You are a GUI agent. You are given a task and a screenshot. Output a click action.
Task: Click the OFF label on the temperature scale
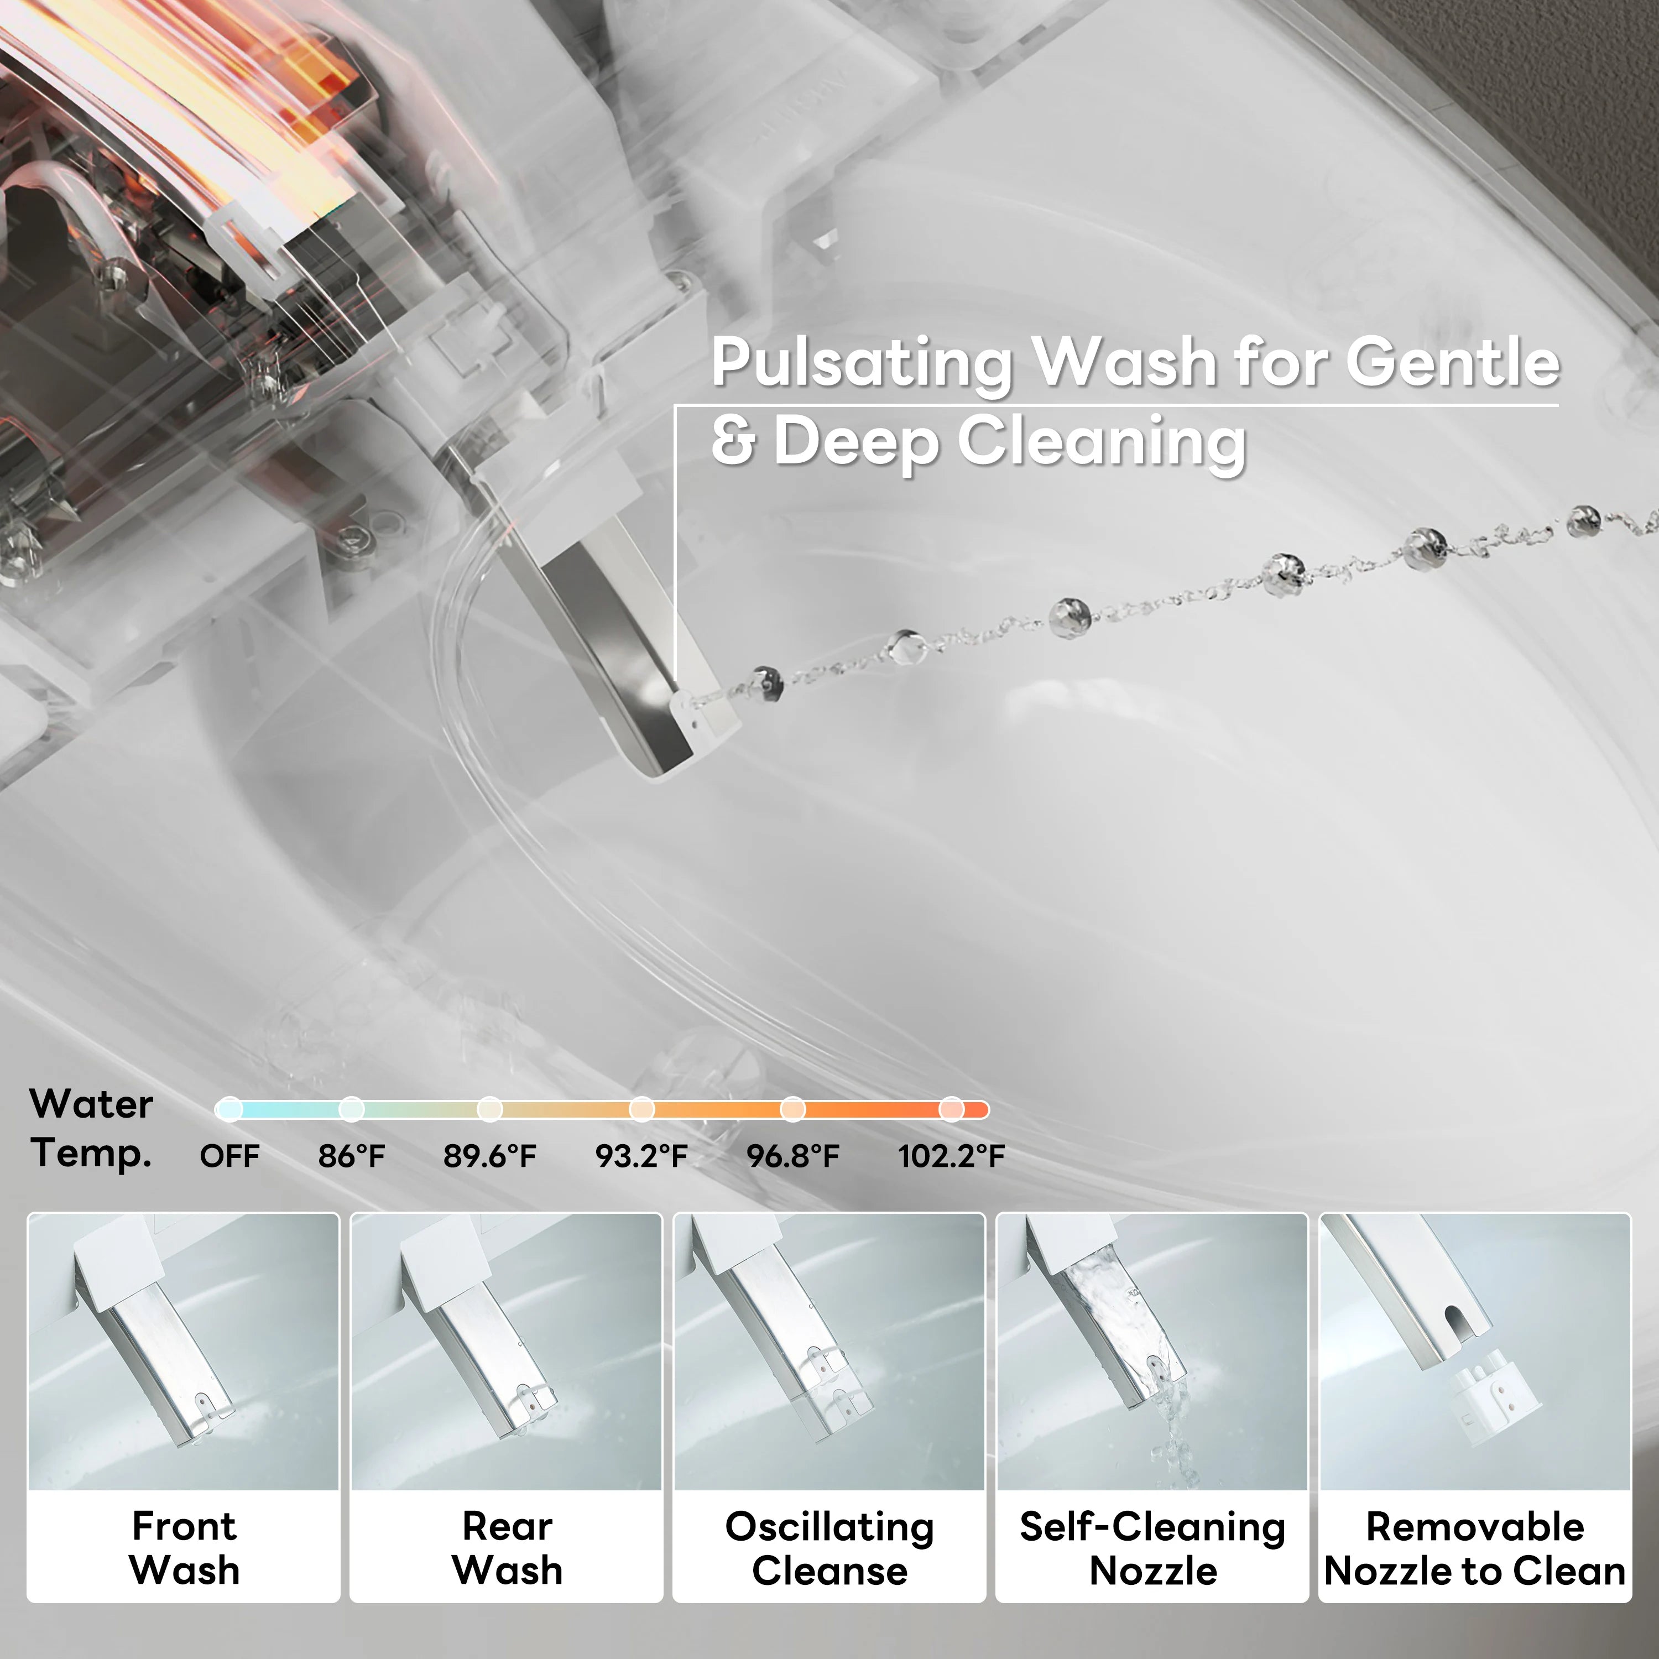pos(229,1156)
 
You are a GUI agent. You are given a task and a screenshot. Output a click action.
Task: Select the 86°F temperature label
pos(351,1156)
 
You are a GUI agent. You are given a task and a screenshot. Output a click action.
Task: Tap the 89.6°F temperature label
pos(489,1156)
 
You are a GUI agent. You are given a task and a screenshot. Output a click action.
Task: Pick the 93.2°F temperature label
pos(641,1156)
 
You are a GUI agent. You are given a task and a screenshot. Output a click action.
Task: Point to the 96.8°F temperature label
pos(792,1156)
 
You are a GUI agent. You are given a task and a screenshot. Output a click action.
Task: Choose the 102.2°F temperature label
pos(951,1156)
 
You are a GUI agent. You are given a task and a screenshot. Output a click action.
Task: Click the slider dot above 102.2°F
pos(951,1109)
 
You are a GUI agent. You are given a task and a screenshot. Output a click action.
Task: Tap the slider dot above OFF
pos(229,1109)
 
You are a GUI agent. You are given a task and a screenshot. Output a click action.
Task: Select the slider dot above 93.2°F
pos(641,1109)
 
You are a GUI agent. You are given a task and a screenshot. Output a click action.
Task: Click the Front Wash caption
pos(184,1548)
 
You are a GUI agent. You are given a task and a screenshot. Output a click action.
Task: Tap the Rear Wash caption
pos(507,1548)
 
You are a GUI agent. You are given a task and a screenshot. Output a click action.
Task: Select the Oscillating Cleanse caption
pos(830,1548)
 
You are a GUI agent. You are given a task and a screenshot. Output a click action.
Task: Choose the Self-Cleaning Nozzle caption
pos(1152,1548)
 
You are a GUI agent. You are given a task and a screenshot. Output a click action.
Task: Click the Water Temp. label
pos(91,1128)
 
